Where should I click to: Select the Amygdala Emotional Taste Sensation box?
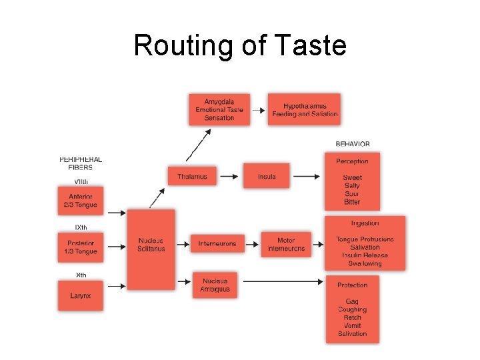coord(219,109)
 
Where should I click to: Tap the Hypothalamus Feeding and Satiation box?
coord(305,109)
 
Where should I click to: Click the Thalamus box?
coord(192,176)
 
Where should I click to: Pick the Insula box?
coord(267,176)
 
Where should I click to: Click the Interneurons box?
coord(217,243)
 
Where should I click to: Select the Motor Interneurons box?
coord(286,244)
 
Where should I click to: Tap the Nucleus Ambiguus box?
coord(215,285)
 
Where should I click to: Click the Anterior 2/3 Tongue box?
coord(81,200)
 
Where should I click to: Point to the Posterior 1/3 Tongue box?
coord(81,247)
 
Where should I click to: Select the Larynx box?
coord(81,295)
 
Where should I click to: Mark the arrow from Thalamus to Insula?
coord(229,176)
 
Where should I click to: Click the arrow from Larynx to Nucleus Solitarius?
coord(116,286)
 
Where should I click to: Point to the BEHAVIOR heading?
coord(353,144)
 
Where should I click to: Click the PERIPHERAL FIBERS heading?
coord(81,163)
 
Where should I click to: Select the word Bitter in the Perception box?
coord(352,202)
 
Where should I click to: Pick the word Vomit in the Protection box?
coord(352,325)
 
